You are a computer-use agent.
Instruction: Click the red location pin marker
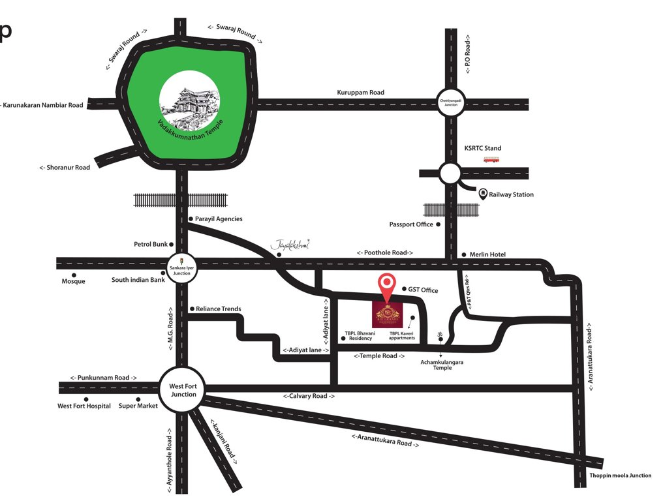tap(388, 285)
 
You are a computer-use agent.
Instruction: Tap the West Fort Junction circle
tap(183, 390)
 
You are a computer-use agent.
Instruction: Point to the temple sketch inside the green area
tap(190, 102)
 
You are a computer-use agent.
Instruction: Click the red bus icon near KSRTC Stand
tap(491, 159)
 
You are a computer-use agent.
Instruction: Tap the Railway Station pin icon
tap(483, 194)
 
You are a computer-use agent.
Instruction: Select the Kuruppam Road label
tap(360, 93)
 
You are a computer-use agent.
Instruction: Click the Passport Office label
tap(411, 224)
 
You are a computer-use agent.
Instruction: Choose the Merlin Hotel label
tap(487, 254)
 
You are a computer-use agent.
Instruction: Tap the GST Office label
tap(424, 290)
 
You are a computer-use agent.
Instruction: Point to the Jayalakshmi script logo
tap(290, 245)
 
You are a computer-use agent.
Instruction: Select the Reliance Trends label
tap(219, 309)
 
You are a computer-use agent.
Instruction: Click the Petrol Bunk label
tap(151, 245)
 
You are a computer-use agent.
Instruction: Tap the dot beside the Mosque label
tap(74, 275)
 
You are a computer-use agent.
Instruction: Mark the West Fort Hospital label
tap(84, 406)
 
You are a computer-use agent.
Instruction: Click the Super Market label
tap(138, 406)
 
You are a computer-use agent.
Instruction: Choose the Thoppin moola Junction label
tap(620, 476)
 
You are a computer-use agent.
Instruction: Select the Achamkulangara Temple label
tap(442, 365)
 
